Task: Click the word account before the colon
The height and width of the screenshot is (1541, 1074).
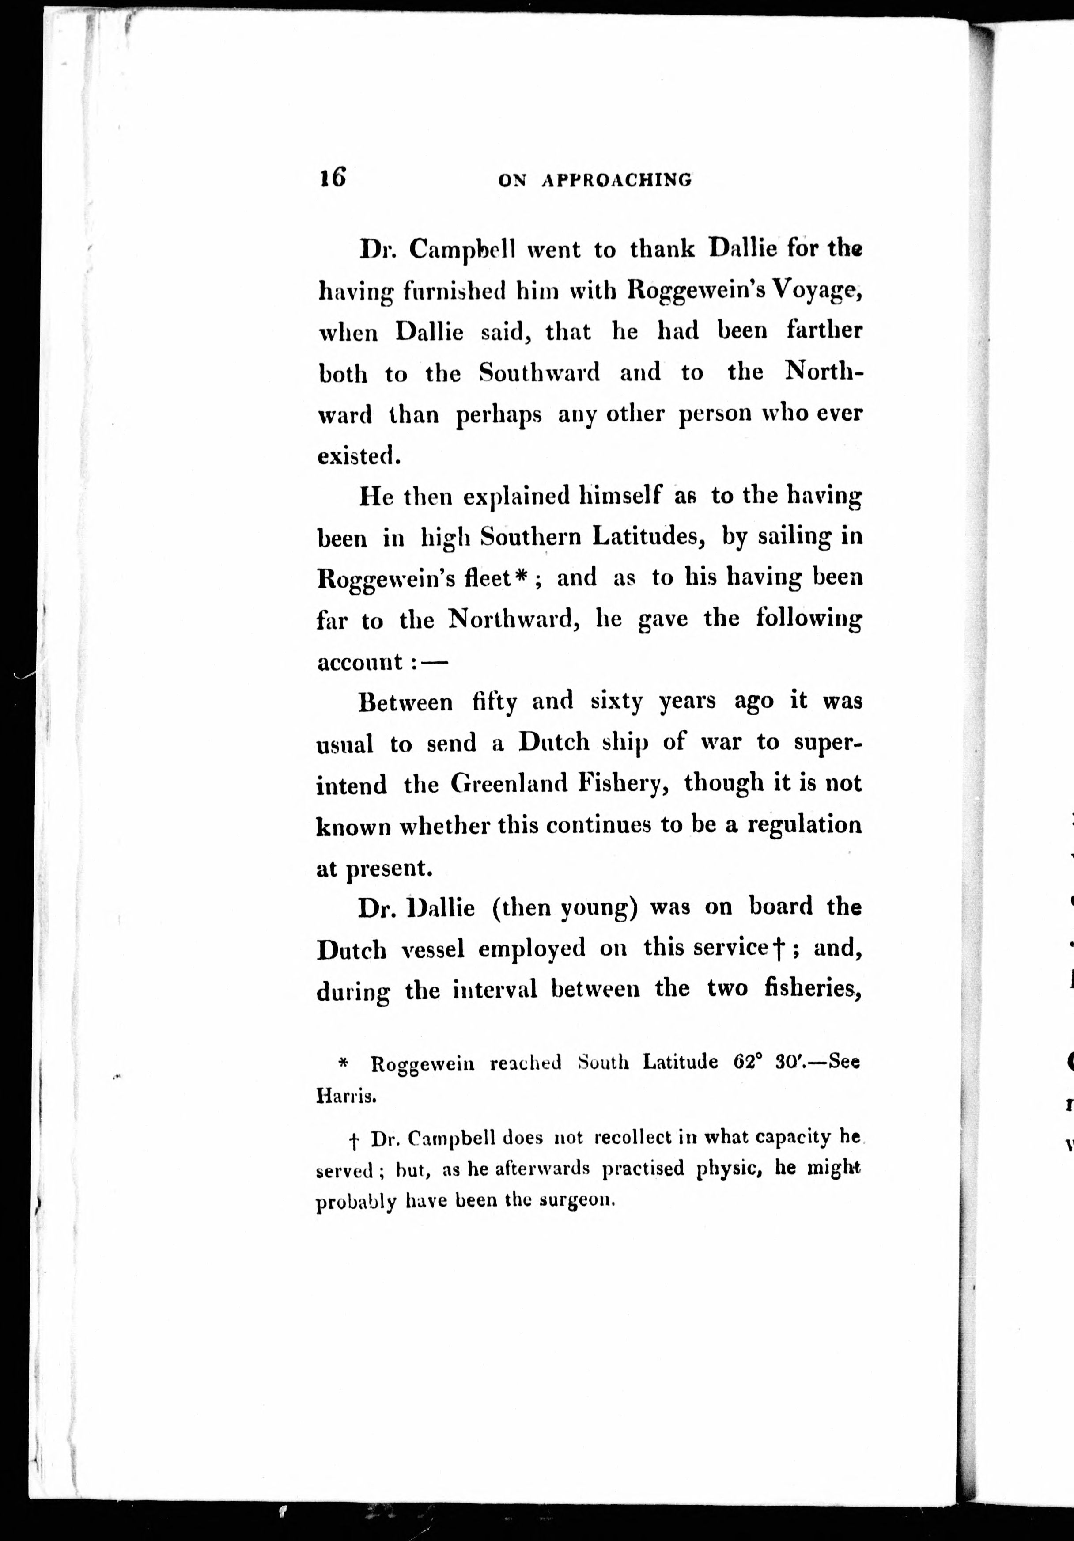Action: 359,662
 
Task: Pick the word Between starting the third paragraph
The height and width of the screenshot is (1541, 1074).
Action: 405,702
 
